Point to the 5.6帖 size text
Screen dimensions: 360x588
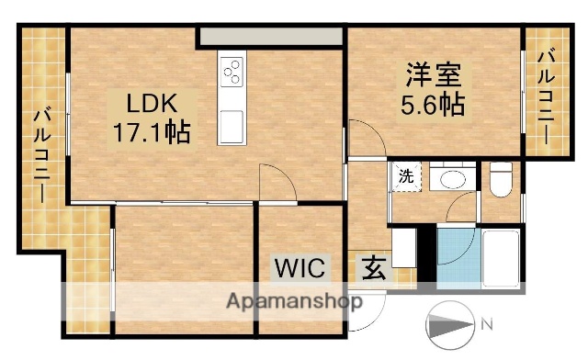[x=432, y=104]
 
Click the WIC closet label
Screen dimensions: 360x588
[x=300, y=269]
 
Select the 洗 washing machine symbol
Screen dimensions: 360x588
[x=405, y=176]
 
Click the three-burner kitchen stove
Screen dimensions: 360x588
[x=232, y=71]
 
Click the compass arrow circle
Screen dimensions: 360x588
[x=451, y=325]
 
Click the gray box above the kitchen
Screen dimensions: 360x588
[x=271, y=36]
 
